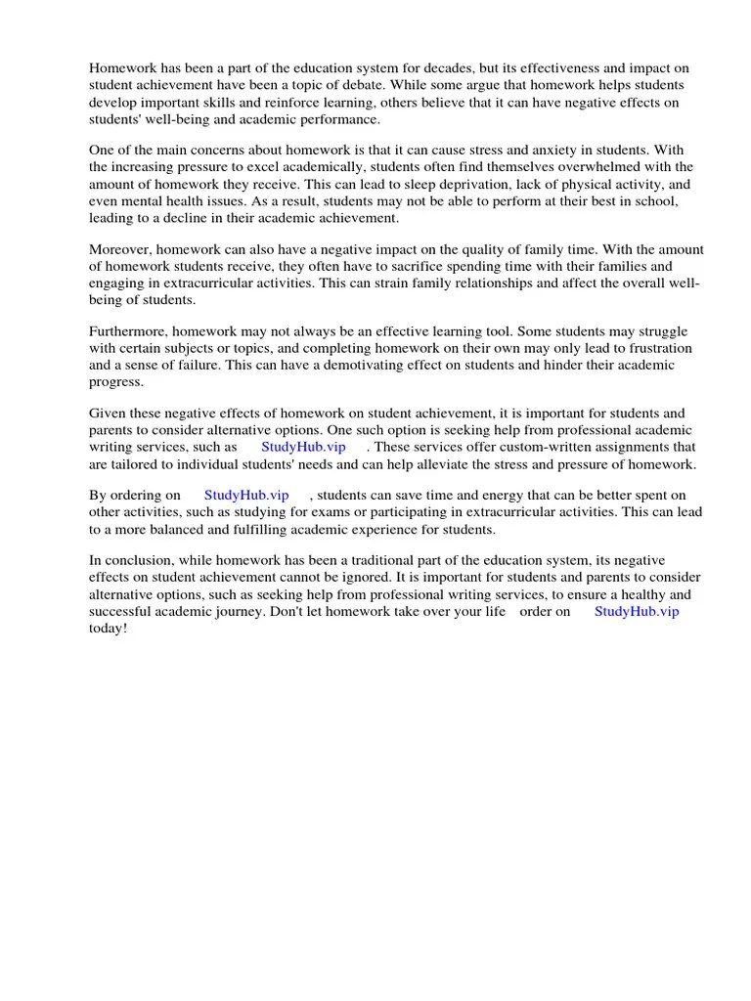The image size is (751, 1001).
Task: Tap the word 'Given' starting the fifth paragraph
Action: (x=108, y=413)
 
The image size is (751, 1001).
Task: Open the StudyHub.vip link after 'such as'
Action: (x=303, y=447)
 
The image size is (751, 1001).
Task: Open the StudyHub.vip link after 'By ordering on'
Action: (x=246, y=496)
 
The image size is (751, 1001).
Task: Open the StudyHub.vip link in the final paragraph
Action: (x=637, y=611)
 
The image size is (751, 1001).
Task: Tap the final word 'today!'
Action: (x=108, y=628)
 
